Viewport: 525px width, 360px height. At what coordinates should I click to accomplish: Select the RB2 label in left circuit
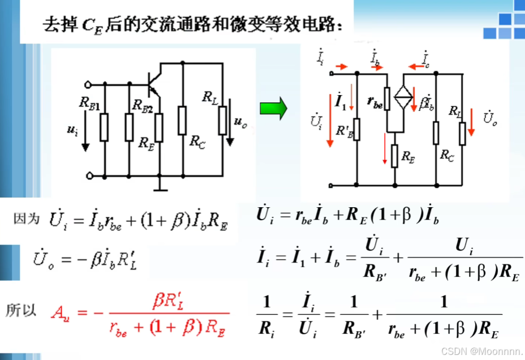pyautogui.click(x=142, y=105)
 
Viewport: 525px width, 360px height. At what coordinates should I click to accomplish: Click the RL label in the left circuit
pyautogui.click(x=209, y=97)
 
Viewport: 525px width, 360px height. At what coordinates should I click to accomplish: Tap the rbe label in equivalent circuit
pyautogui.click(x=374, y=102)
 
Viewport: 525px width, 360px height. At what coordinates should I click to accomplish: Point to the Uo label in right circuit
pyautogui.click(x=490, y=118)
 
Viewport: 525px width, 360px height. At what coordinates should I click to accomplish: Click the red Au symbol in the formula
pyautogui.click(x=59, y=311)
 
